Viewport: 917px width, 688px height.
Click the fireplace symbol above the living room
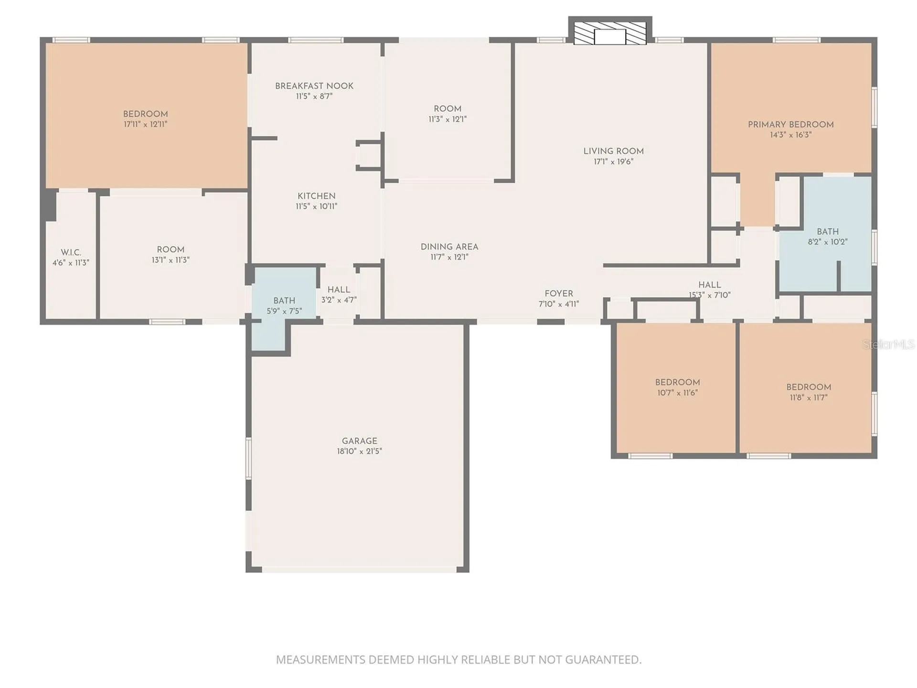pos(610,31)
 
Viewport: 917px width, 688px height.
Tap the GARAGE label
pos(359,441)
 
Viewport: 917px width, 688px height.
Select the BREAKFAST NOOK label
pos(314,86)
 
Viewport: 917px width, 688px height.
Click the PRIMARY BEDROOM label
pos(790,125)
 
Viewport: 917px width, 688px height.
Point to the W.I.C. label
pos(71,252)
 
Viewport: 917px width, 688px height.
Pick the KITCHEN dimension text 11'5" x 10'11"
pos(316,206)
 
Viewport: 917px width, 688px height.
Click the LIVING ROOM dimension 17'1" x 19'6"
pos(613,161)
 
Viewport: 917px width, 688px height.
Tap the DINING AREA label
pos(449,247)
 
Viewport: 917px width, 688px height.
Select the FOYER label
pos(559,293)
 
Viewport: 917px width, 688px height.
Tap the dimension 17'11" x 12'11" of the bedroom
pos(145,124)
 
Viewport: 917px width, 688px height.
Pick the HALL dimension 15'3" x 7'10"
pos(709,295)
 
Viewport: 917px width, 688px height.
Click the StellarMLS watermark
pos(888,344)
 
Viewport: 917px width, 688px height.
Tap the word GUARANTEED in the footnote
pos(603,660)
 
